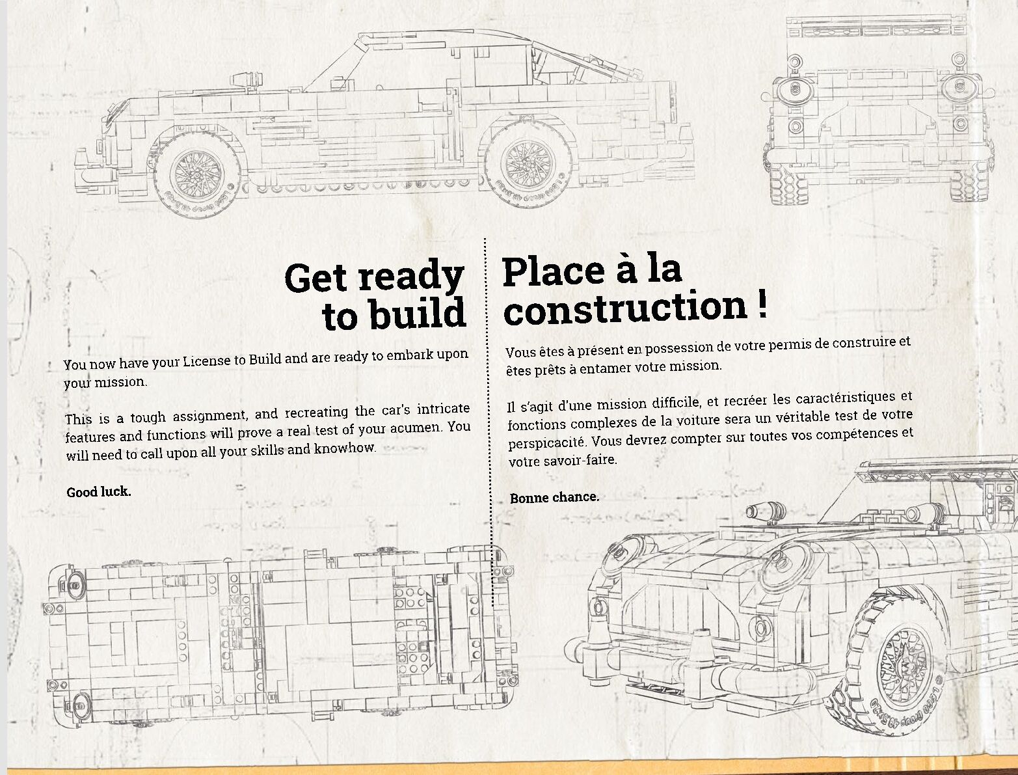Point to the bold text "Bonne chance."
554,498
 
